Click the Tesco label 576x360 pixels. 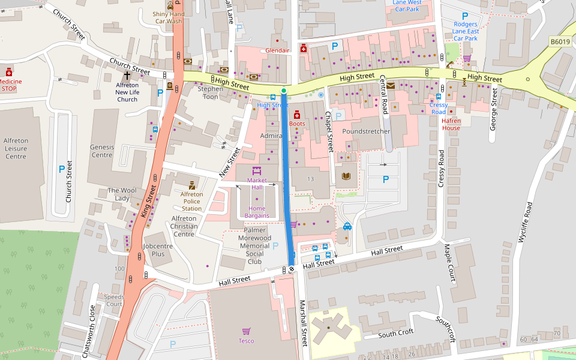[x=246, y=341]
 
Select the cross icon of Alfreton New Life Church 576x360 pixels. [x=127, y=76]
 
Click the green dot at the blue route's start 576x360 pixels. [x=284, y=91]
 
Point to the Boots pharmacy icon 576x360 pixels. [x=296, y=114]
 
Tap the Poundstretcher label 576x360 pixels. [x=366, y=131]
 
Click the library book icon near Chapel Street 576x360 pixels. [x=346, y=176]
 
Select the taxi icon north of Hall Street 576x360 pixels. [x=347, y=226]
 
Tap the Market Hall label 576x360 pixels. [x=257, y=184]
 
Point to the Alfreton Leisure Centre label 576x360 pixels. [x=16, y=149]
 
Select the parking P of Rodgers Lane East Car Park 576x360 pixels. [x=465, y=16]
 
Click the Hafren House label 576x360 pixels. [x=451, y=124]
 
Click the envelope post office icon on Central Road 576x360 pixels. [x=391, y=86]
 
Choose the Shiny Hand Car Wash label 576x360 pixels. [x=168, y=17]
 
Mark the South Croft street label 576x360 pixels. [x=396, y=332]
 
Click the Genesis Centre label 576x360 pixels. [x=101, y=151]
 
